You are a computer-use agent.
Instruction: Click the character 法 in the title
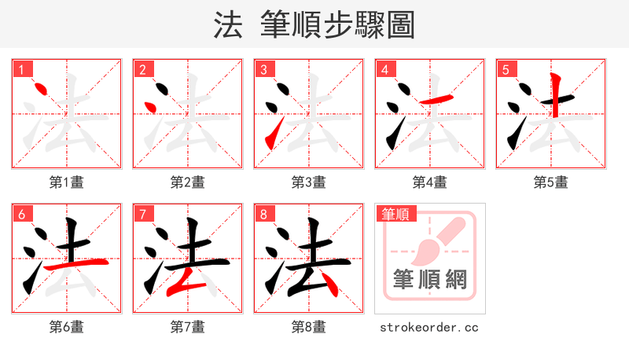coord(227,25)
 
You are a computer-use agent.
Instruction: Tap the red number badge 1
coord(20,69)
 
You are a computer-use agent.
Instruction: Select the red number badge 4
coord(384,69)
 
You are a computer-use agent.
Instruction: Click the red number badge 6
coord(20,214)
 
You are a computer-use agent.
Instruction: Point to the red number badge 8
coord(263,214)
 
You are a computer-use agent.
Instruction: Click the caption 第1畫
coord(66,182)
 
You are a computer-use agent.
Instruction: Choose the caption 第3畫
coord(308,182)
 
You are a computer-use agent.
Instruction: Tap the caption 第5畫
coord(550,182)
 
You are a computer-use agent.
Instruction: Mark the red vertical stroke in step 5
coord(556,93)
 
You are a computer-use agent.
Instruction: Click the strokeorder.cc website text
coord(429,327)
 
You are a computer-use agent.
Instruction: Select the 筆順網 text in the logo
coord(430,279)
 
